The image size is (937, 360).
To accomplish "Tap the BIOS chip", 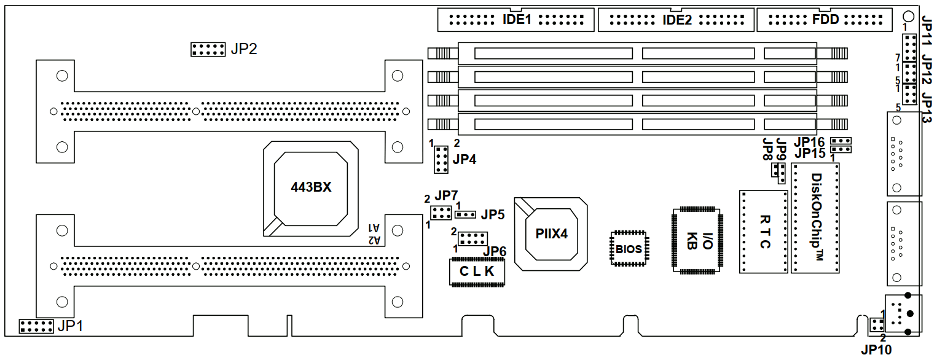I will tap(629, 249).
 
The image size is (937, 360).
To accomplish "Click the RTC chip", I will tap(763, 232).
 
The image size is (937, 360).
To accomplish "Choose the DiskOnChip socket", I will tap(816, 218).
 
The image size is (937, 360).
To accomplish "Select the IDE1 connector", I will tap(516, 20).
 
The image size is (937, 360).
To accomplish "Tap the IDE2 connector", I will tap(676, 20).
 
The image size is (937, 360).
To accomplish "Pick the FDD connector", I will tap(825, 20).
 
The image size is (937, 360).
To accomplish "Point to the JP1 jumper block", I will tap(36, 326).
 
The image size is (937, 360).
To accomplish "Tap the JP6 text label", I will tap(495, 252).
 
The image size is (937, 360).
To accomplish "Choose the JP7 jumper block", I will tap(441, 213).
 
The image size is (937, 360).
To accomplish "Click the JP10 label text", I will tap(876, 350).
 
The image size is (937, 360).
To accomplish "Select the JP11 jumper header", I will tap(909, 44).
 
